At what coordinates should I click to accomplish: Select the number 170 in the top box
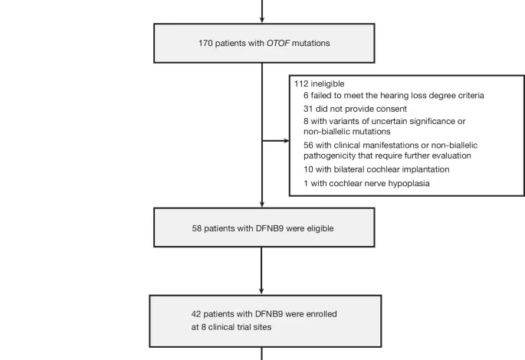click(206, 43)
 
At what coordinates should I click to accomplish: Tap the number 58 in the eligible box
click(198, 227)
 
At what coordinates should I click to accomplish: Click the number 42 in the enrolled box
click(197, 314)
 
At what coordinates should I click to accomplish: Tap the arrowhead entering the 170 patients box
click(262, 19)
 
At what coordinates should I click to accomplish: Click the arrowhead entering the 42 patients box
click(262, 290)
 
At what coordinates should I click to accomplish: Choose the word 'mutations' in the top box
click(311, 43)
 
